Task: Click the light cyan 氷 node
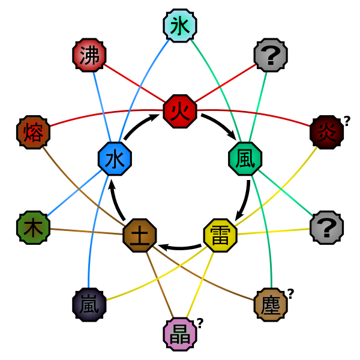(180, 26)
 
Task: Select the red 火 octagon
(180, 111)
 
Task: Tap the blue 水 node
(115, 159)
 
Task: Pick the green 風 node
(245, 159)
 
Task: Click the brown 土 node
(140, 235)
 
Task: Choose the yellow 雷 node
(220, 235)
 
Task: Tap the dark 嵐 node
(89, 305)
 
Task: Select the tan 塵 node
(271, 305)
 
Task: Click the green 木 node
(33, 227)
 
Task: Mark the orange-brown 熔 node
(33, 133)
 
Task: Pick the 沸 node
(89, 55)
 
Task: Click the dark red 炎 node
(327, 133)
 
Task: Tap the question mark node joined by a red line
(271, 55)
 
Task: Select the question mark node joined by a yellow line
(327, 227)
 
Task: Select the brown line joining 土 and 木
(86, 232)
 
